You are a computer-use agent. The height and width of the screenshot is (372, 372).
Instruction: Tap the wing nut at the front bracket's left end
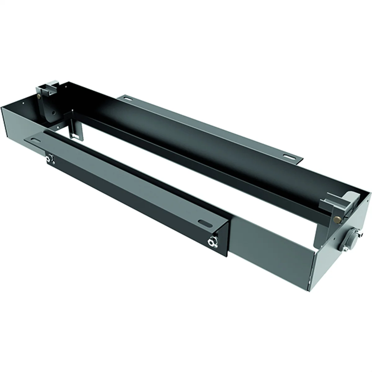(48, 159)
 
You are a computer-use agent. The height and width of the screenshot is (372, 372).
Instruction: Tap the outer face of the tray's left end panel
(12, 124)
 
